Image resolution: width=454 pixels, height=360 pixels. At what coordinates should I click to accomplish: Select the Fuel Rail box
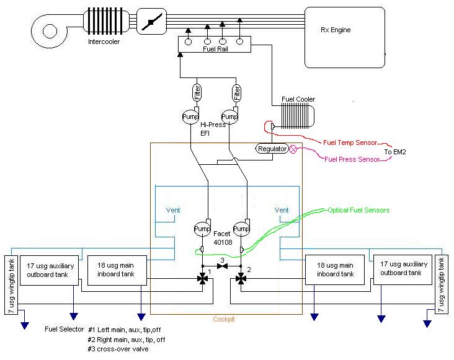[x=214, y=44]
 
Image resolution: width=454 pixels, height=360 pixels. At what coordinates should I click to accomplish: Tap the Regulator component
[x=272, y=149]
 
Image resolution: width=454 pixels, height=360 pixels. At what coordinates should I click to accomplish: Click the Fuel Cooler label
[x=298, y=99]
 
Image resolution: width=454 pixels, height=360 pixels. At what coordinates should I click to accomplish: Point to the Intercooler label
[x=104, y=42]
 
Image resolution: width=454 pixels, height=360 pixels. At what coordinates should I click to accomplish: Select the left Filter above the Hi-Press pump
[x=197, y=94]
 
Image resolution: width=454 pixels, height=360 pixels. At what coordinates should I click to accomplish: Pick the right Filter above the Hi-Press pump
[x=237, y=94]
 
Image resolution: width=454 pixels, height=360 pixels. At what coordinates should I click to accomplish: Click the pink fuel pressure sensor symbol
[x=294, y=149]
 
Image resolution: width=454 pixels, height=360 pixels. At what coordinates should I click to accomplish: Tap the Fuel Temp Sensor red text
[x=352, y=142]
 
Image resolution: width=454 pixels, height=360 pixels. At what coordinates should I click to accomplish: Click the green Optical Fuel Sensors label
[x=359, y=211]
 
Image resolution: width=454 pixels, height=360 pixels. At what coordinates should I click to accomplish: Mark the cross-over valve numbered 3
[x=221, y=266]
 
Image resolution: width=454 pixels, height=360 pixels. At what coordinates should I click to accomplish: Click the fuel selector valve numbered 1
[x=203, y=280]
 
